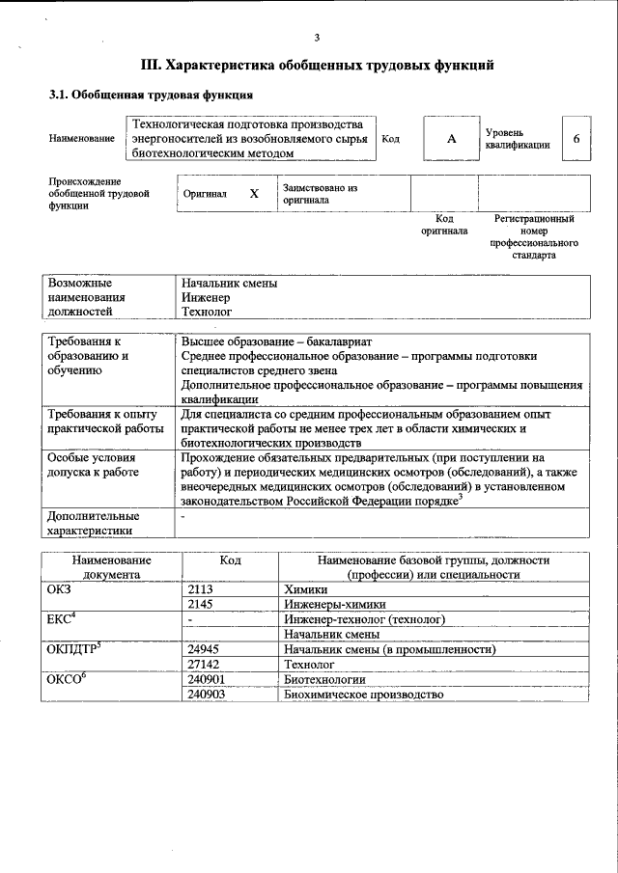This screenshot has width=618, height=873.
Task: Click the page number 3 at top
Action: [317, 38]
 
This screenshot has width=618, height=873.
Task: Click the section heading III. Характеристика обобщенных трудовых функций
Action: [318, 66]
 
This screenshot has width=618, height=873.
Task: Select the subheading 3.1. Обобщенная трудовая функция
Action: [152, 95]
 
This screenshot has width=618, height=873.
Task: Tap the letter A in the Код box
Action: [450, 139]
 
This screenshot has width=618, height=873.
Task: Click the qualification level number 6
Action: [576, 139]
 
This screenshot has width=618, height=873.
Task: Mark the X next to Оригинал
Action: [254, 194]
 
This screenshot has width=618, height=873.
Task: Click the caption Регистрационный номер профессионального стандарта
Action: [534, 238]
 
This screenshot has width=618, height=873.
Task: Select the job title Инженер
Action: [206, 298]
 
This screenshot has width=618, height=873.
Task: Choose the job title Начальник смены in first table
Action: [230, 284]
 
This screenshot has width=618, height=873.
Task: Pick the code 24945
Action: [204, 649]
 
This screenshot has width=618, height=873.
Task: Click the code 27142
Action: [204, 665]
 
